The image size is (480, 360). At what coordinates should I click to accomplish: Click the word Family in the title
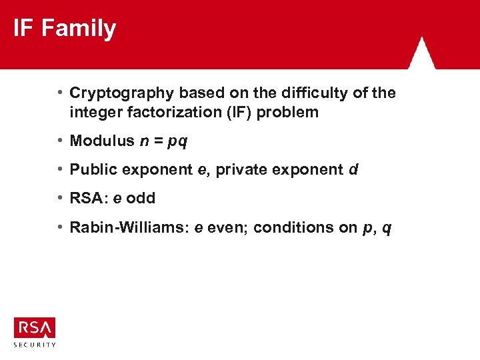tap(79, 29)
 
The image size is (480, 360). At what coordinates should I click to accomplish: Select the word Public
tap(91, 169)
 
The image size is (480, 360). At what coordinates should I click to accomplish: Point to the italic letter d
tap(353, 169)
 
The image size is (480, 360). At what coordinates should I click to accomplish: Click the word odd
tap(141, 198)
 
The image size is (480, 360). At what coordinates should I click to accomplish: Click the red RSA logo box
tap(35, 327)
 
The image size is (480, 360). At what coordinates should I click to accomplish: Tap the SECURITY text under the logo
tap(35, 345)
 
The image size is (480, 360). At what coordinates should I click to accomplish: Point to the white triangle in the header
tap(421, 53)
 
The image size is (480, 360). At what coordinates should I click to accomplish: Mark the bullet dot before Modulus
tap(61, 141)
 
